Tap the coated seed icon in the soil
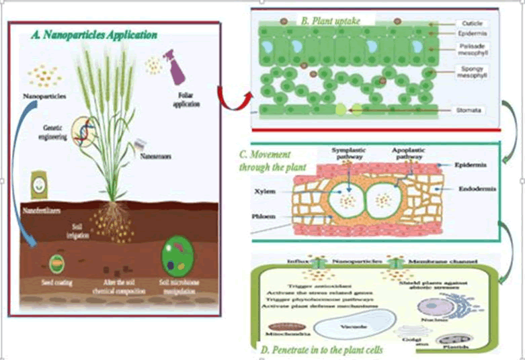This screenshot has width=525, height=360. (x=56, y=262)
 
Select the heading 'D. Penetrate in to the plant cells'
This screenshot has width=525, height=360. (x=334, y=349)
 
